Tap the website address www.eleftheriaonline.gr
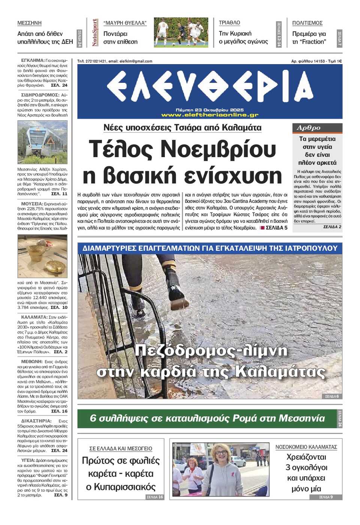(x=210, y=115)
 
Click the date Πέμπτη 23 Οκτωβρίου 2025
(x=210, y=110)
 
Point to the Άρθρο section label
(x=309, y=128)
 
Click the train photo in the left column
(x=42, y=142)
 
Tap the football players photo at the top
(x=181, y=32)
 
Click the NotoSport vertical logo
(x=95, y=33)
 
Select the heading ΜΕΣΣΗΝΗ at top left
(x=29, y=23)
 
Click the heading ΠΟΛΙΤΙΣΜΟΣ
(x=307, y=23)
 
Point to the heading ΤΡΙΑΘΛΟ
(x=229, y=23)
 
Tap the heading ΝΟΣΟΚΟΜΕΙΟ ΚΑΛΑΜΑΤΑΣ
(x=306, y=447)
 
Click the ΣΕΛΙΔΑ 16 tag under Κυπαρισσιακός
(x=154, y=497)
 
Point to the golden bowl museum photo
(x=42, y=256)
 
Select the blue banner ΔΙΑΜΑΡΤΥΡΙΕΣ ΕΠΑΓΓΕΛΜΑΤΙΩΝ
(x=210, y=248)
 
